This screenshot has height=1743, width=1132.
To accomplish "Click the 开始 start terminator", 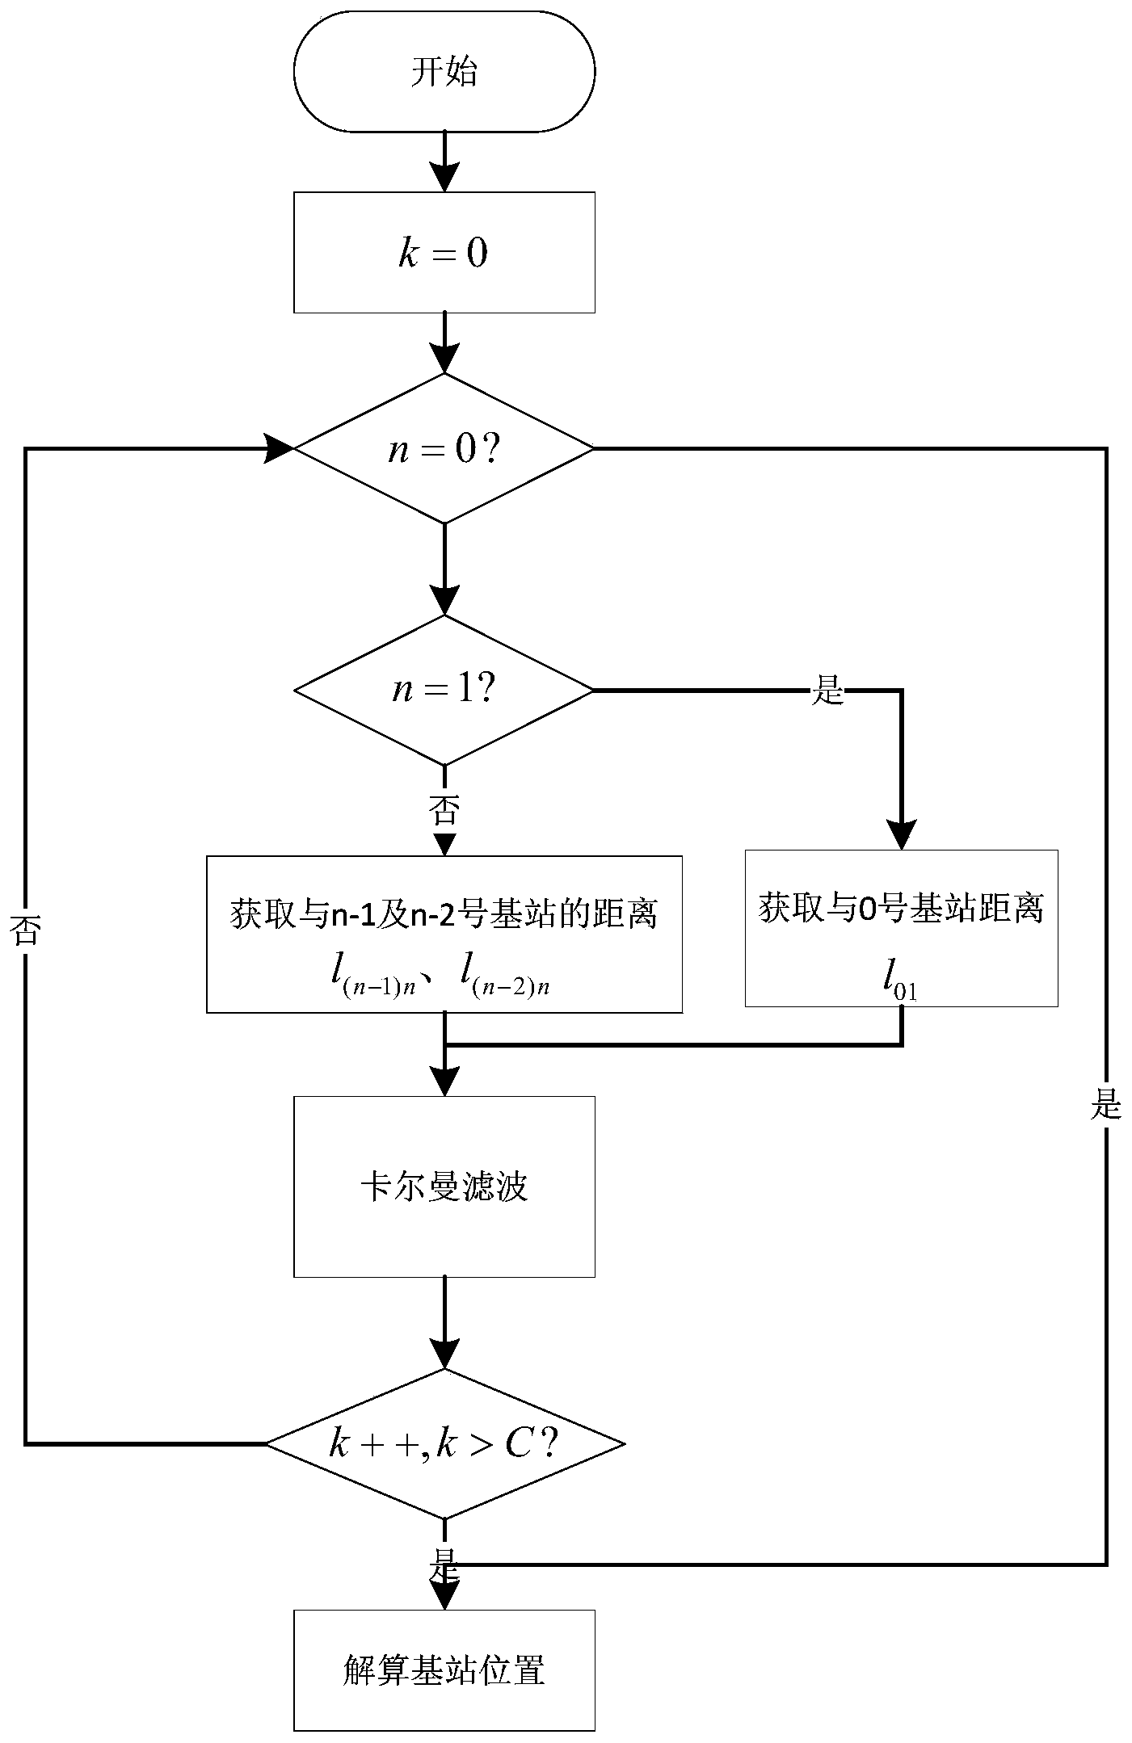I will pos(444,72).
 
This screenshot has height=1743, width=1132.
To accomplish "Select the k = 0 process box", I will pos(444,253).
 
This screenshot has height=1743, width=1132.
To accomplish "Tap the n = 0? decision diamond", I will pos(444,448).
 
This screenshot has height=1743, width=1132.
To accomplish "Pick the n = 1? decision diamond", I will pos(444,691).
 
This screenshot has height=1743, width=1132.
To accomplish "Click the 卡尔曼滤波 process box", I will pos(444,1187).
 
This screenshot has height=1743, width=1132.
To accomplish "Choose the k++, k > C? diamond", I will pos(444,1443).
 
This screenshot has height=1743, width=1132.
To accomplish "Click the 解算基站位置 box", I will pos(444,1670).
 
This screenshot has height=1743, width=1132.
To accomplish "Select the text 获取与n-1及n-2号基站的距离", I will pos(444,915).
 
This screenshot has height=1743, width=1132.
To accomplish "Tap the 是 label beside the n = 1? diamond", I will pos(827,691).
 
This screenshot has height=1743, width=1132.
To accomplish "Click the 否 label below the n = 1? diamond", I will pos(444,809).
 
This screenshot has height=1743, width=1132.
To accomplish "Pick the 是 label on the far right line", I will pos(1106,1105).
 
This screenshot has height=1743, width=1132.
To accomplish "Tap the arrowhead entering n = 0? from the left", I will pos(279,448).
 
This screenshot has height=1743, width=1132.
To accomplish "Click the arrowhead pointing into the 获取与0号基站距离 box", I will pos(901,834).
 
